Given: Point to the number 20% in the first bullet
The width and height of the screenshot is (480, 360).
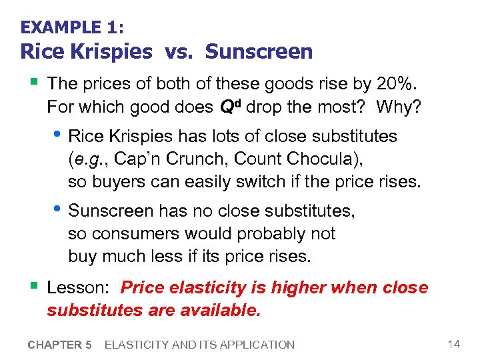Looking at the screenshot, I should [397, 84].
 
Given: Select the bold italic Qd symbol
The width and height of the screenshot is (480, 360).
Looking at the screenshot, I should [231, 106].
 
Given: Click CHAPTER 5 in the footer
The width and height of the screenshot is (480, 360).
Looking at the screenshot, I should [59, 345].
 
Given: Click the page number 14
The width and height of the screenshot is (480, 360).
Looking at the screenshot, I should [454, 344].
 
